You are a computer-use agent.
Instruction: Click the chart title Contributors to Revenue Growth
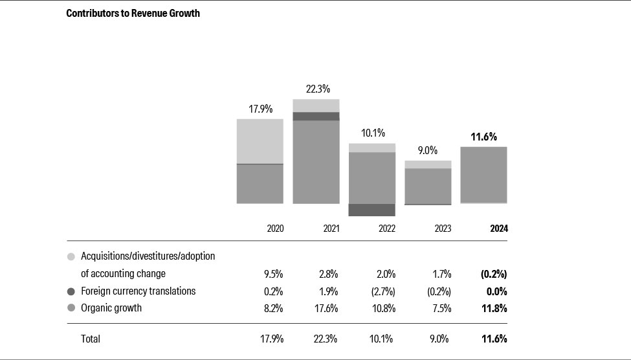(133, 14)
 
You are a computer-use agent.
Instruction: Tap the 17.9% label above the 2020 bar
(260, 109)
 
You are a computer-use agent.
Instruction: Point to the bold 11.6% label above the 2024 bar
(483, 137)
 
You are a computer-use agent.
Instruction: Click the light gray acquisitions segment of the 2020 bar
(260, 141)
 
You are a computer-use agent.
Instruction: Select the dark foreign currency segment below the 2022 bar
(371, 210)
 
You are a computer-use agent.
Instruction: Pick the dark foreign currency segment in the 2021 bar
(316, 117)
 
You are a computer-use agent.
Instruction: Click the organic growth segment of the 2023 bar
(428, 186)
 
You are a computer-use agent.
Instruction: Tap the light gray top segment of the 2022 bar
(371, 148)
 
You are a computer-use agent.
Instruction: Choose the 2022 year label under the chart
(386, 229)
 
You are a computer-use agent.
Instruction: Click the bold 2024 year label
(498, 229)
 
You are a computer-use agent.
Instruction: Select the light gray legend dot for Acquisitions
(71, 256)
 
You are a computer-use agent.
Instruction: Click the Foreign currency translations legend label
(138, 291)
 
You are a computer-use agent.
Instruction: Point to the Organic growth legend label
(111, 308)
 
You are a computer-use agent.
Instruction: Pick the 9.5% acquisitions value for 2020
(274, 274)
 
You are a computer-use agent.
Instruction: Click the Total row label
(91, 339)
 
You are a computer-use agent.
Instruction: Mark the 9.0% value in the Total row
(441, 339)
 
